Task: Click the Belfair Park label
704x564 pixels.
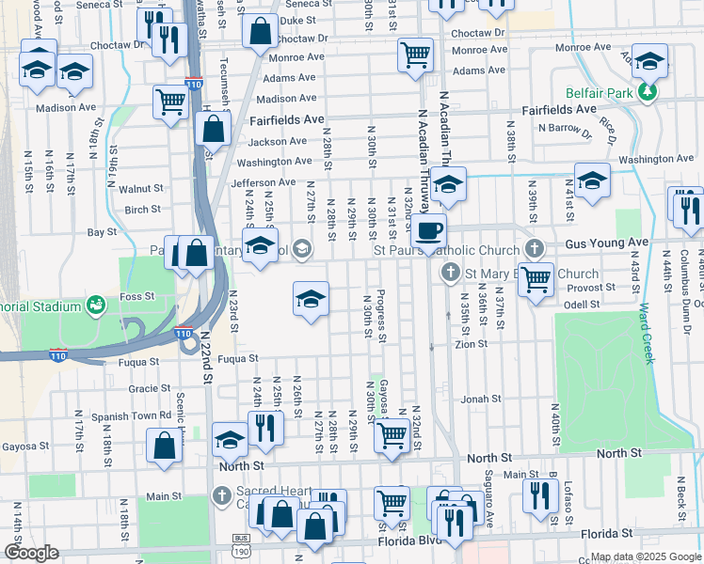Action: tap(599, 92)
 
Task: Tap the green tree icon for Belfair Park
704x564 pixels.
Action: tap(647, 92)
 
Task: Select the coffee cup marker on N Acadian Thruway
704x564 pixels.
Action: tap(428, 229)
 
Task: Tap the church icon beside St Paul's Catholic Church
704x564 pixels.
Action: tap(535, 249)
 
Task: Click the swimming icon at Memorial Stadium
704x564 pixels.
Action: tap(95, 305)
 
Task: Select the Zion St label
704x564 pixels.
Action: tap(472, 344)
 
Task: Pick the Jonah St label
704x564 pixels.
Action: tap(481, 399)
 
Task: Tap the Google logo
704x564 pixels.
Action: tap(31, 553)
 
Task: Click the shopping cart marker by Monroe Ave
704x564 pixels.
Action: tap(415, 55)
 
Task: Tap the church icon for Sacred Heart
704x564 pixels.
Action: tap(221, 494)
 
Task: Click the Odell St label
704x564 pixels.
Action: tap(582, 305)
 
